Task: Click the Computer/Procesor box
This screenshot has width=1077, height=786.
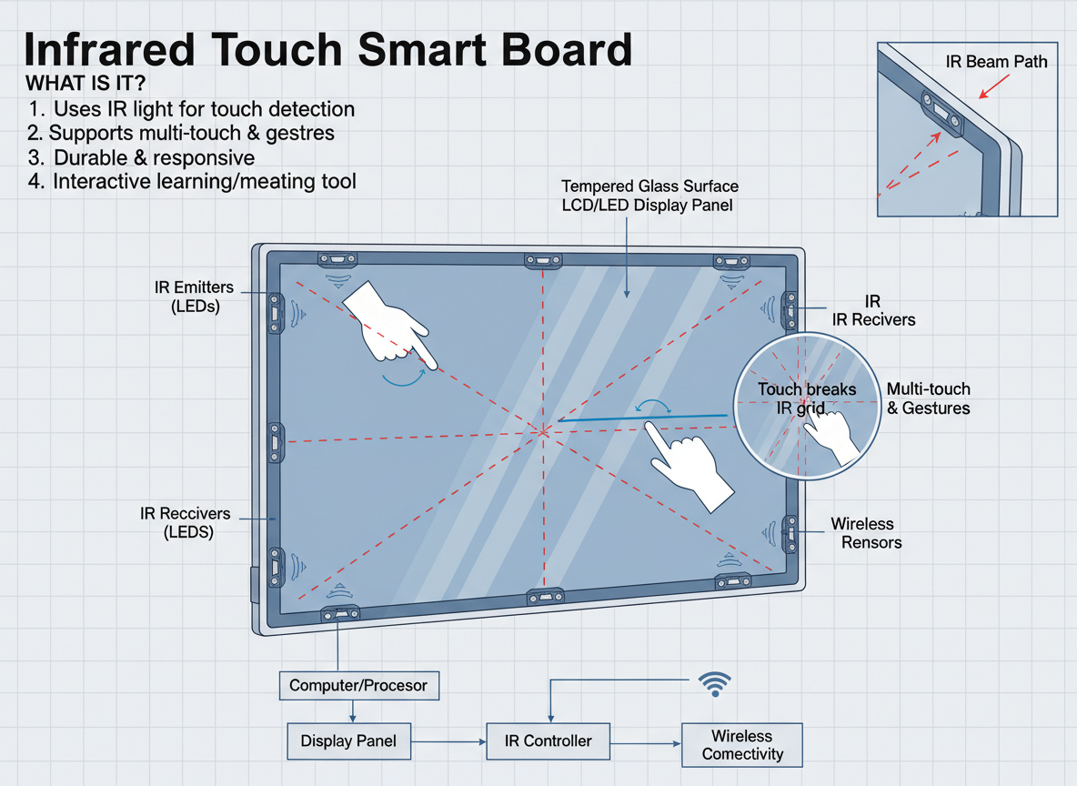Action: pos(358,685)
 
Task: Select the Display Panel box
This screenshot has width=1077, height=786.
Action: pos(348,741)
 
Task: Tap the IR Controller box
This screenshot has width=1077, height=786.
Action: pos(548,741)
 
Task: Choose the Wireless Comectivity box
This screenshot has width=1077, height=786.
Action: pos(742,745)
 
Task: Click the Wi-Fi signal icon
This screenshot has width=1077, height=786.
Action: pos(714,684)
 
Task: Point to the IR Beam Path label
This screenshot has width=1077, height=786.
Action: pos(996,62)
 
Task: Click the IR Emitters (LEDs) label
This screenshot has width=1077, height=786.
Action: pos(194,297)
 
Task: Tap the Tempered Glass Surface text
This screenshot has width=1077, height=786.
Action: pos(649,186)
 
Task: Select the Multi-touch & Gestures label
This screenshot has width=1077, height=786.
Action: pos(928,398)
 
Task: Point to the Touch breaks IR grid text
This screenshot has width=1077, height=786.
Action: pos(806,398)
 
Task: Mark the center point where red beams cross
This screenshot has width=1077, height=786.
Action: pos(543,431)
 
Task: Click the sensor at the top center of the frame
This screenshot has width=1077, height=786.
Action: pos(543,261)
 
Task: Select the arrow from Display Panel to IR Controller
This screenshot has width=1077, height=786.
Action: pos(448,742)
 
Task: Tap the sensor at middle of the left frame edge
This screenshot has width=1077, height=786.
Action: pos(275,443)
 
